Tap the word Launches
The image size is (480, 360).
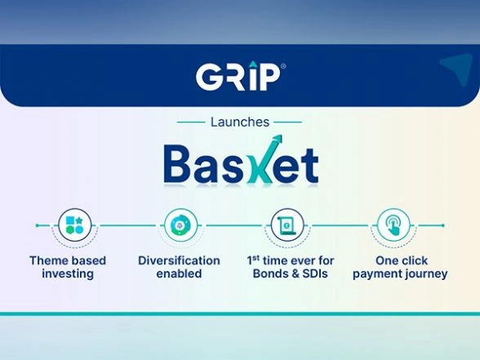pyautogui.click(x=240, y=122)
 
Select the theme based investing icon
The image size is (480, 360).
pyautogui.click(x=74, y=224)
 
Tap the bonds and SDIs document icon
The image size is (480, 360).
pyautogui.click(x=288, y=224)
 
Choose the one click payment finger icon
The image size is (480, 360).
pyautogui.click(x=393, y=224)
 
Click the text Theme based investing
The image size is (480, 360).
pyautogui.click(x=68, y=267)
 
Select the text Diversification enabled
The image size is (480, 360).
pyautogui.click(x=179, y=267)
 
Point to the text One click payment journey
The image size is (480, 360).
pyautogui.click(x=400, y=267)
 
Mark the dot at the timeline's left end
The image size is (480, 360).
pyautogui.click(x=37, y=224)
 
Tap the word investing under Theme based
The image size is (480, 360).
pyautogui.click(x=68, y=274)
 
